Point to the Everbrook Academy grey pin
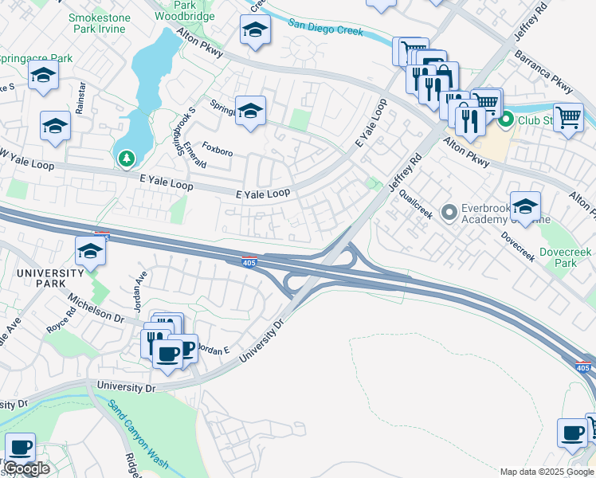(x=449, y=212)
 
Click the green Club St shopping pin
(x=506, y=121)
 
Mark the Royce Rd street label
(x=61, y=326)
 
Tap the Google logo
(x=26, y=469)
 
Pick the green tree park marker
(x=126, y=159)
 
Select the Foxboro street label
(x=218, y=147)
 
